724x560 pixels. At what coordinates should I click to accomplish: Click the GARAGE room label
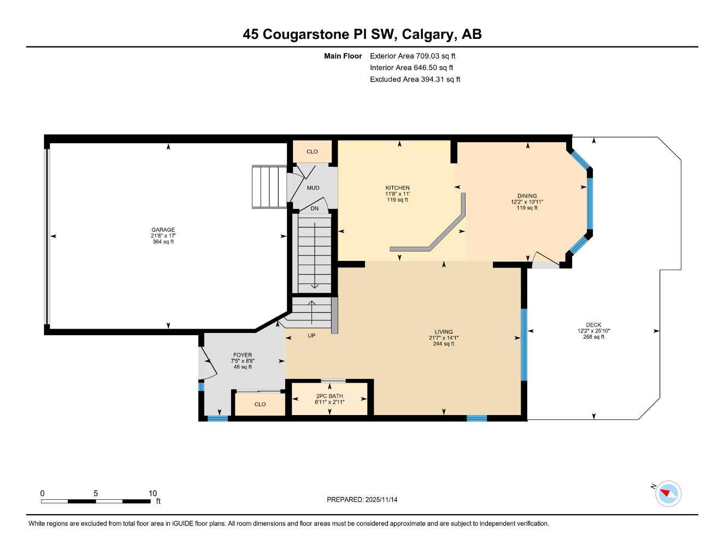163,230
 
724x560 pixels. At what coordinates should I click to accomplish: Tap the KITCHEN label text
397,188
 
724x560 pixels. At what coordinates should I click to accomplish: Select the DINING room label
527,196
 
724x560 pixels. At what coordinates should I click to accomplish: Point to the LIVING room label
444,331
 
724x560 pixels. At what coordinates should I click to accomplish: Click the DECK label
593,325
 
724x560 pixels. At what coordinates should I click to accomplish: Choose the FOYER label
243,355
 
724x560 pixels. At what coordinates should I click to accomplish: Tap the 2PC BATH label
329,396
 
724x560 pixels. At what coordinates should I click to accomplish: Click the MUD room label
313,188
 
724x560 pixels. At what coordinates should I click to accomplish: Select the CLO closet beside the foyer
260,404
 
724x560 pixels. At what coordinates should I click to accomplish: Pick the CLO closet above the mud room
312,151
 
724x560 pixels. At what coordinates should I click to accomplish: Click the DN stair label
314,208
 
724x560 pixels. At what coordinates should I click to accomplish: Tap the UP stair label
311,336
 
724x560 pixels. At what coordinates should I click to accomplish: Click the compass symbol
668,493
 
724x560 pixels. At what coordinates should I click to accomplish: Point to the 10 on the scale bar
152,493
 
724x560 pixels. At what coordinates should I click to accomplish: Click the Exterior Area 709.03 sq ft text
413,56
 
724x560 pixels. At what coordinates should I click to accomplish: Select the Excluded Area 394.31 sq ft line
415,79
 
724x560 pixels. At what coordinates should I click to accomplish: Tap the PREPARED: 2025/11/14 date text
362,499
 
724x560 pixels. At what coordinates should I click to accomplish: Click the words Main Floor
343,56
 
